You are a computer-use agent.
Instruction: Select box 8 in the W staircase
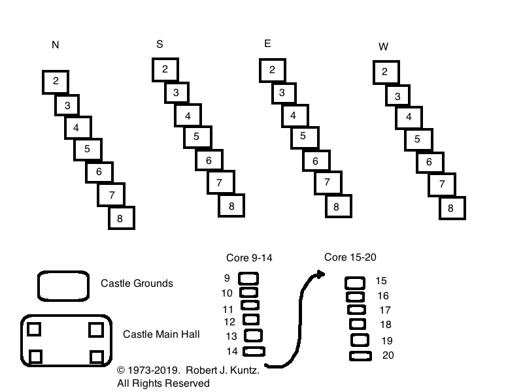pyautogui.click(x=451, y=208)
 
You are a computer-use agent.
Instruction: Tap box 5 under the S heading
pyautogui.click(x=197, y=137)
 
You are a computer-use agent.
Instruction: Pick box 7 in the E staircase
pyautogui.click(x=327, y=182)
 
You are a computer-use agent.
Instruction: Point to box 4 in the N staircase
pyautogui.click(x=77, y=127)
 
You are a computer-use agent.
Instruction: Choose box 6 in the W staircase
pyautogui.click(x=430, y=162)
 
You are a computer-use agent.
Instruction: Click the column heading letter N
pyautogui.click(x=56, y=45)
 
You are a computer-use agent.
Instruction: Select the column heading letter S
pyautogui.click(x=160, y=44)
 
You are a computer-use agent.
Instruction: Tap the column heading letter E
pyautogui.click(x=267, y=44)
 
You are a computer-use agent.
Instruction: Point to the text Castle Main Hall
pyautogui.click(x=161, y=334)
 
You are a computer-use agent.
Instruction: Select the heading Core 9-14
pyautogui.click(x=249, y=257)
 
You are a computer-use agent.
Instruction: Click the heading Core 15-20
pyautogui.click(x=350, y=257)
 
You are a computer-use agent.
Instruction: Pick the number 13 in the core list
pyautogui.click(x=231, y=336)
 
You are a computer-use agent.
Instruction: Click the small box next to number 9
pyautogui.click(x=249, y=278)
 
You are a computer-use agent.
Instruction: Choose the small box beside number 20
pyautogui.click(x=360, y=356)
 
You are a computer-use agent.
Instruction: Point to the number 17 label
pyautogui.click(x=385, y=310)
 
